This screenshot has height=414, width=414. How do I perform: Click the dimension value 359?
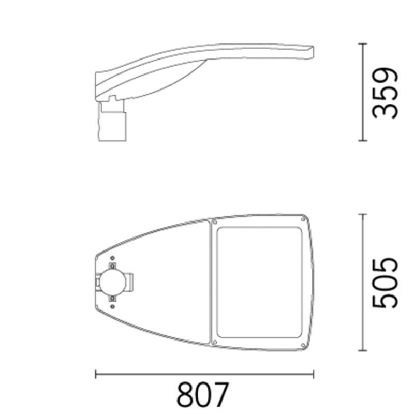point(386,92)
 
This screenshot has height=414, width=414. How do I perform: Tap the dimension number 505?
point(386,282)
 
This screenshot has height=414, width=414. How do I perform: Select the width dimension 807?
point(202,395)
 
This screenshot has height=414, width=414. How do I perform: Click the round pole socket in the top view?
point(112,282)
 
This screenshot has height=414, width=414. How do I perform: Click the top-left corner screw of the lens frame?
point(213,221)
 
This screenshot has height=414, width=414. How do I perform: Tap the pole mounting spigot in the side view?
point(113,122)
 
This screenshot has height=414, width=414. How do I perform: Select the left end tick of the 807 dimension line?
point(95,374)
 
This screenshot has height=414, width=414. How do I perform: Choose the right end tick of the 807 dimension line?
point(314,374)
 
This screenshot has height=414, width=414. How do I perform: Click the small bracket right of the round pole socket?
point(132,282)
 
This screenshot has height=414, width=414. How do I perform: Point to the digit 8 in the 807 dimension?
point(185,395)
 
